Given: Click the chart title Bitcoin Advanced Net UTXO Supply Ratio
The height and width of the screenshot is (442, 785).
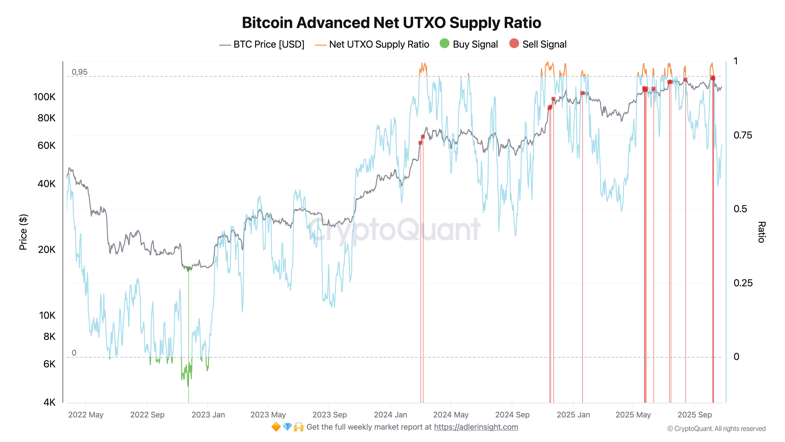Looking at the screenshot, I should coord(391,23).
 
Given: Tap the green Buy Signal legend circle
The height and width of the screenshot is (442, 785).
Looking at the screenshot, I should coord(444,44).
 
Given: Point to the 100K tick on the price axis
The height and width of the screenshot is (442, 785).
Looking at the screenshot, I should coord(45,97).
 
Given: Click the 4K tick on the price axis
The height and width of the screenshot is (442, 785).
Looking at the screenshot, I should coord(49,402).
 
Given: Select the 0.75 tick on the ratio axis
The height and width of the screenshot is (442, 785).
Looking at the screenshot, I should coord(743,135).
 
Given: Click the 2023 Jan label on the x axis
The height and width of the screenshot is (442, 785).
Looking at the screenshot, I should coord(208,415).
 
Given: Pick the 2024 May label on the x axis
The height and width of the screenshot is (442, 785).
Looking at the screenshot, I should coord(451,415).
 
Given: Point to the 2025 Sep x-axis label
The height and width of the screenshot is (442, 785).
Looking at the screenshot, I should coord(695,415).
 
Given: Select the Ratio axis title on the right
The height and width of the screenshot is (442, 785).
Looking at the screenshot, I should coord(761,232).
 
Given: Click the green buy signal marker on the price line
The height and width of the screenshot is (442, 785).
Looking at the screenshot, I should coord(188,268).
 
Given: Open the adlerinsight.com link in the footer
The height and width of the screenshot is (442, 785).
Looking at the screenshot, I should coord(476,427).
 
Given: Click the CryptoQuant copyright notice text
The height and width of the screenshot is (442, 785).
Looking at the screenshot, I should coord(716,429).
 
